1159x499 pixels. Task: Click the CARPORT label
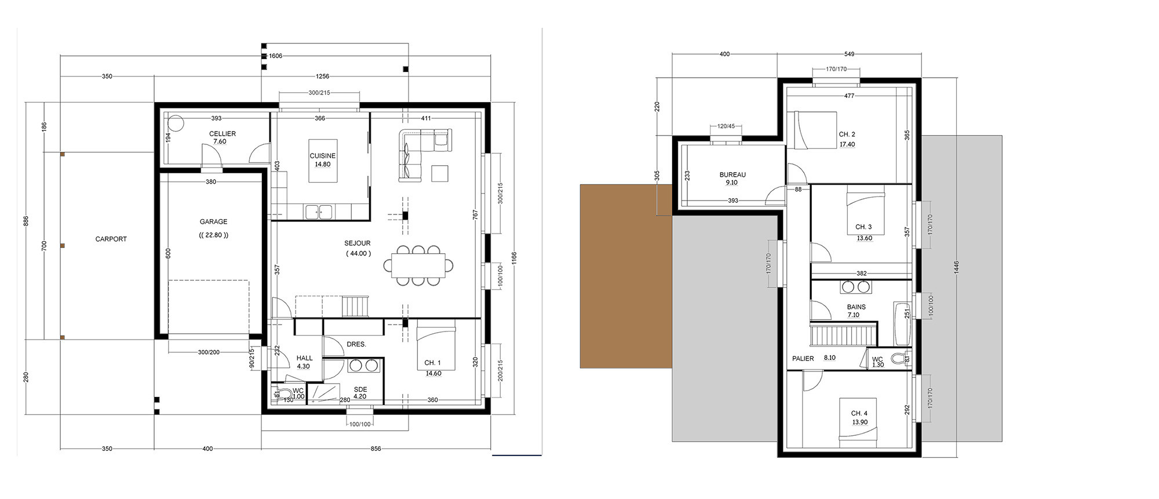click(111, 239)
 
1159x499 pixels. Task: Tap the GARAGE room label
click(213, 221)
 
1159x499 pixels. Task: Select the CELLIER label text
click(223, 133)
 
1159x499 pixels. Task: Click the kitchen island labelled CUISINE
click(322, 161)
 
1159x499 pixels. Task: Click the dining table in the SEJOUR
click(418, 265)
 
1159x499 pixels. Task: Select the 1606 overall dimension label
click(276, 56)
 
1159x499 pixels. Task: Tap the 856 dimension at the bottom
click(376, 449)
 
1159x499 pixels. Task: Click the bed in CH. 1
click(435, 348)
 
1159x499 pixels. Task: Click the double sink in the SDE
click(363, 366)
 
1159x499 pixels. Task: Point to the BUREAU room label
click(732, 174)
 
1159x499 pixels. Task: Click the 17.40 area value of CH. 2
click(847, 144)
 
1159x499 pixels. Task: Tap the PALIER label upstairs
click(803, 358)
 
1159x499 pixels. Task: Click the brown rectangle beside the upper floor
click(626, 276)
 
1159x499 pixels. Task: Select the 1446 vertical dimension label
click(957, 267)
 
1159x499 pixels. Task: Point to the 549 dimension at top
click(849, 54)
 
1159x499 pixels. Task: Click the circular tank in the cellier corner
click(176, 123)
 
